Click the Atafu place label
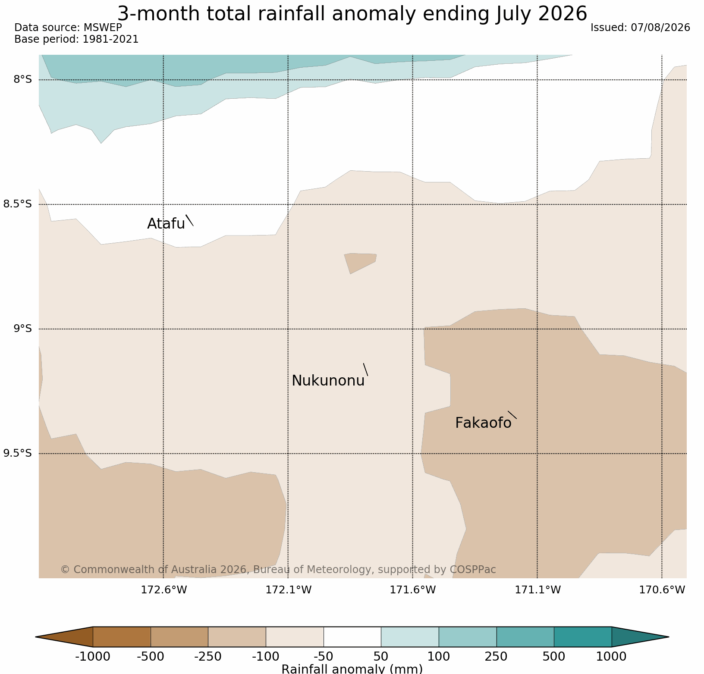tap(166, 223)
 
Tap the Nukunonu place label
tap(328, 380)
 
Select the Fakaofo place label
tap(483, 423)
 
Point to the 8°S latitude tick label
tap(23, 79)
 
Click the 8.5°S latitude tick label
tap(18, 204)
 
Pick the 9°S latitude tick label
tap(23, 329)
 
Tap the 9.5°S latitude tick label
tap(18, 453)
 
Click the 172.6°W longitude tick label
tap(164, 589)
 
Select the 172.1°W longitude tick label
tap(288, 589)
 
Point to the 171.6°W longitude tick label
tap(413, 589)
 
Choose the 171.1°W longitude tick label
tap(537, 589)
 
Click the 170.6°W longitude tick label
tap(662, 589)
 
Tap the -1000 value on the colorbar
tap(93, 657)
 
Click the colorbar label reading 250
tap(497, 657)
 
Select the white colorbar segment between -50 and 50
tap(352, 637)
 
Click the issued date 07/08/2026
tap(660, 28)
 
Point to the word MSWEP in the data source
tap(103, 28)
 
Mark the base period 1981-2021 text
tap(111, 39)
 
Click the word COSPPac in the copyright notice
tap(472, 570)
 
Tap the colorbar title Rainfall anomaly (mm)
tap(352, 669)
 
